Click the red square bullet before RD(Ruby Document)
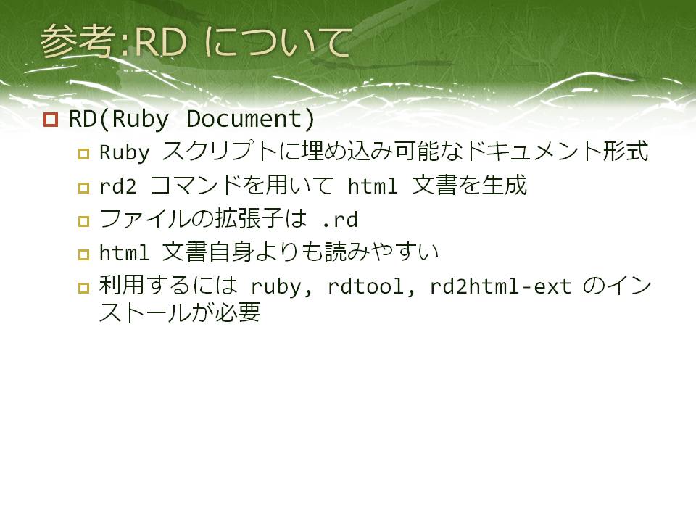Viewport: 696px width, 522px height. point(51,120)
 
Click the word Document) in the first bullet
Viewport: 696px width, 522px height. point(250,119)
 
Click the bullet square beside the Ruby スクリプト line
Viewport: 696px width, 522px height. point(83,154)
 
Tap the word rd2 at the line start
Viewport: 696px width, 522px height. point(117,186)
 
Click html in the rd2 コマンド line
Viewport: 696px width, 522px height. point(373,186)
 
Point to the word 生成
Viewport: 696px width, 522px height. point(505,185)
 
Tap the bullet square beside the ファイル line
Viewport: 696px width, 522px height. point(83,221)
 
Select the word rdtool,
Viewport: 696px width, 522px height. point(371,286)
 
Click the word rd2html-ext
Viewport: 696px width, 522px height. point(500,286)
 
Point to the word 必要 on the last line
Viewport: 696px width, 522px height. point(238,312)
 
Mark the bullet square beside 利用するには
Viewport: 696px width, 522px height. point(83,288)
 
